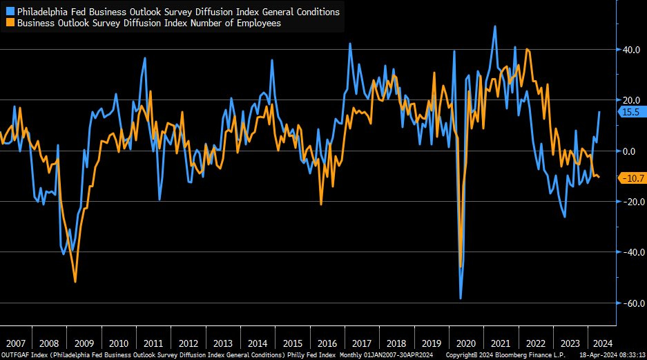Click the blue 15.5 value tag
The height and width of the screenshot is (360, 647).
pyautogui.click(x=630, y=111)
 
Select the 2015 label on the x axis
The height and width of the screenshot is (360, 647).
pyautogui.click(x=293, y=343)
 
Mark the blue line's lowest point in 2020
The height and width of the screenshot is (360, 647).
pyautogui.click(x=461, y=299)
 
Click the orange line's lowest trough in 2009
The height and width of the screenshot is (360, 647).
pyautogui.click(x=75, y=281)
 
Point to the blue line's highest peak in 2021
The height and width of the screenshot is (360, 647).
pyautogui.click(x=495, y=26)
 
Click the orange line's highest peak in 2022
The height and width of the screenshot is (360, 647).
pyautogui.click(x=528, y=49)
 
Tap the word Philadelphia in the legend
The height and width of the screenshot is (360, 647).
pyautogui.click(x=44, y=12)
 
